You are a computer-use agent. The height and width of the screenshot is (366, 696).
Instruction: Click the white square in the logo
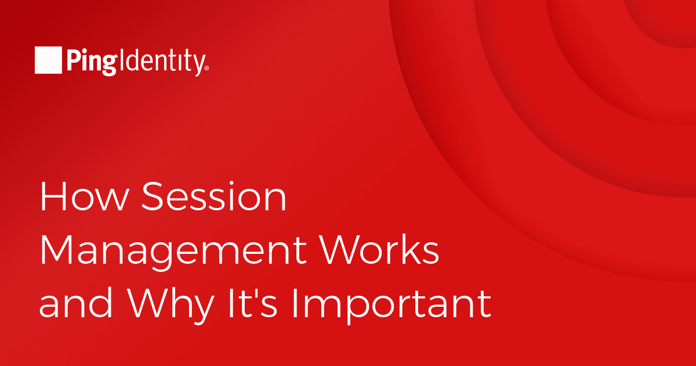pos(48,60)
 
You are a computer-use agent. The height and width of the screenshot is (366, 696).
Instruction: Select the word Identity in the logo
pos(162,62)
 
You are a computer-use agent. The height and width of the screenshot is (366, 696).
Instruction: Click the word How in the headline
pos(85,197)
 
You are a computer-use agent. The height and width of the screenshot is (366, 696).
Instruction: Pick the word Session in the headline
pos(214,197)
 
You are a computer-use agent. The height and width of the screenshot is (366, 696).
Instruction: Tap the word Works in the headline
pos(379,250)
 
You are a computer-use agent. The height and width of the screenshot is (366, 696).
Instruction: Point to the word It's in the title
pos(253,303)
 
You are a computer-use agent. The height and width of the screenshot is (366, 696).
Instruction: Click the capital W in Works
pos(340,250)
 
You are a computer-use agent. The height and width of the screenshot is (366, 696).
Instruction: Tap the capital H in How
pos(52,197)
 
